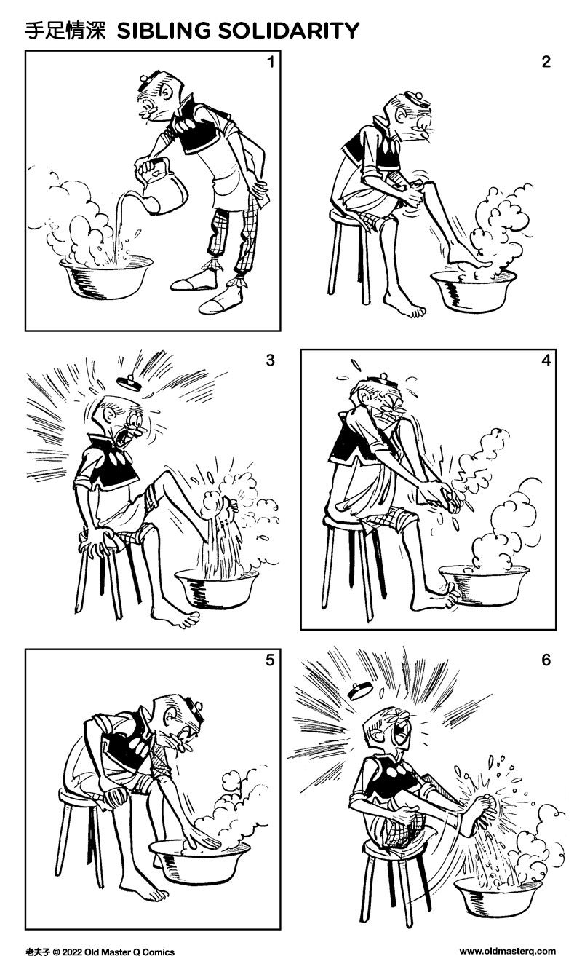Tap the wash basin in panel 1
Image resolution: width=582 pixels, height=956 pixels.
coord(106,277)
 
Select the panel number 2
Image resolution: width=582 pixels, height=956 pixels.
coord(546,63)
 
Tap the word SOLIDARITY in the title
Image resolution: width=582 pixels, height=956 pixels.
coord(289,31)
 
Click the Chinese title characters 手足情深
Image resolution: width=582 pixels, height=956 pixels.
coord(65,31)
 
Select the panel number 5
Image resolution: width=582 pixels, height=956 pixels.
coord(270,660)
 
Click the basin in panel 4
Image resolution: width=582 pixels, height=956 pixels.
coord(485,585)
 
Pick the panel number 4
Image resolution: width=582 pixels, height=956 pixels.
coord(546,360)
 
